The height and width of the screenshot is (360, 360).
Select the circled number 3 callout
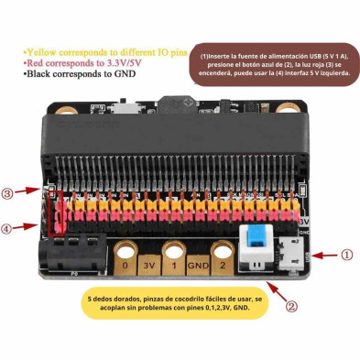pyautogui.click(x=8, y=193)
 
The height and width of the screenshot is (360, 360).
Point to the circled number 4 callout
pyautogui.click(x=8, y=228)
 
